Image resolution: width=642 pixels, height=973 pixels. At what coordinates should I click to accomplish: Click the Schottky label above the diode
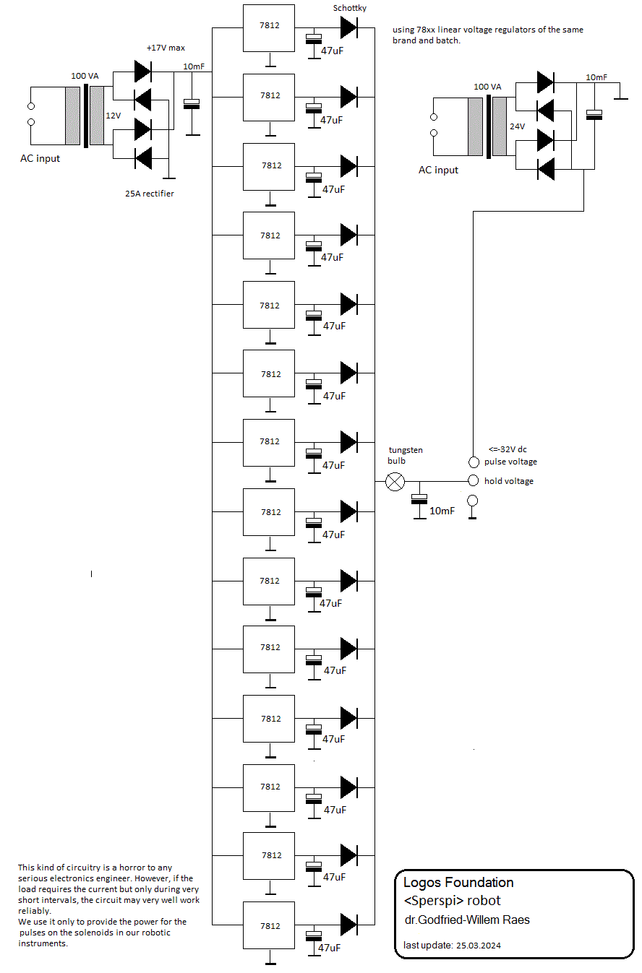(x=350, y=8)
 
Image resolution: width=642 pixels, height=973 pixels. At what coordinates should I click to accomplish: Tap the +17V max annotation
(x=166, y=48)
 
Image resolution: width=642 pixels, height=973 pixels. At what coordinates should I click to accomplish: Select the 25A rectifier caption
(x=150, y=194)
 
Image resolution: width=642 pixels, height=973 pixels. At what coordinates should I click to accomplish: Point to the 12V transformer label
(x=114, y=116)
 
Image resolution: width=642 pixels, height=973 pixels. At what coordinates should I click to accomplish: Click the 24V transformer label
(x=517, y=126)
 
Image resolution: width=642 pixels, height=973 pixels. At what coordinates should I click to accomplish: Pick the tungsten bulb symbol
(x=395, y=482)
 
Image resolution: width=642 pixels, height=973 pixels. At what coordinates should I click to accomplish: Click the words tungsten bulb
(x=405, y=455)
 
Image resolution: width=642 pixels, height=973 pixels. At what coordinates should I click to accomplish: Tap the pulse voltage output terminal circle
(x=474, y=462)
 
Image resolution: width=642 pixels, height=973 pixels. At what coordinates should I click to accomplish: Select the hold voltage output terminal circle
(x=474, y=480)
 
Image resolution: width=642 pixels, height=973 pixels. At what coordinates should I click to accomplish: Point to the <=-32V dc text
(x=508, y=449)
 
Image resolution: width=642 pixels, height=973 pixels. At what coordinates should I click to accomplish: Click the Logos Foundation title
(x=458, y=883)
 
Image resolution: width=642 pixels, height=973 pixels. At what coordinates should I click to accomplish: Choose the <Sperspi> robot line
(x=452, y=901)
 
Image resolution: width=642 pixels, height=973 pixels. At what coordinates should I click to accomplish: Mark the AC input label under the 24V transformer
(x=438, y=170)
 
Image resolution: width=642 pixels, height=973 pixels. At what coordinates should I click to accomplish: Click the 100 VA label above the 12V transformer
(x=85, y=76)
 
